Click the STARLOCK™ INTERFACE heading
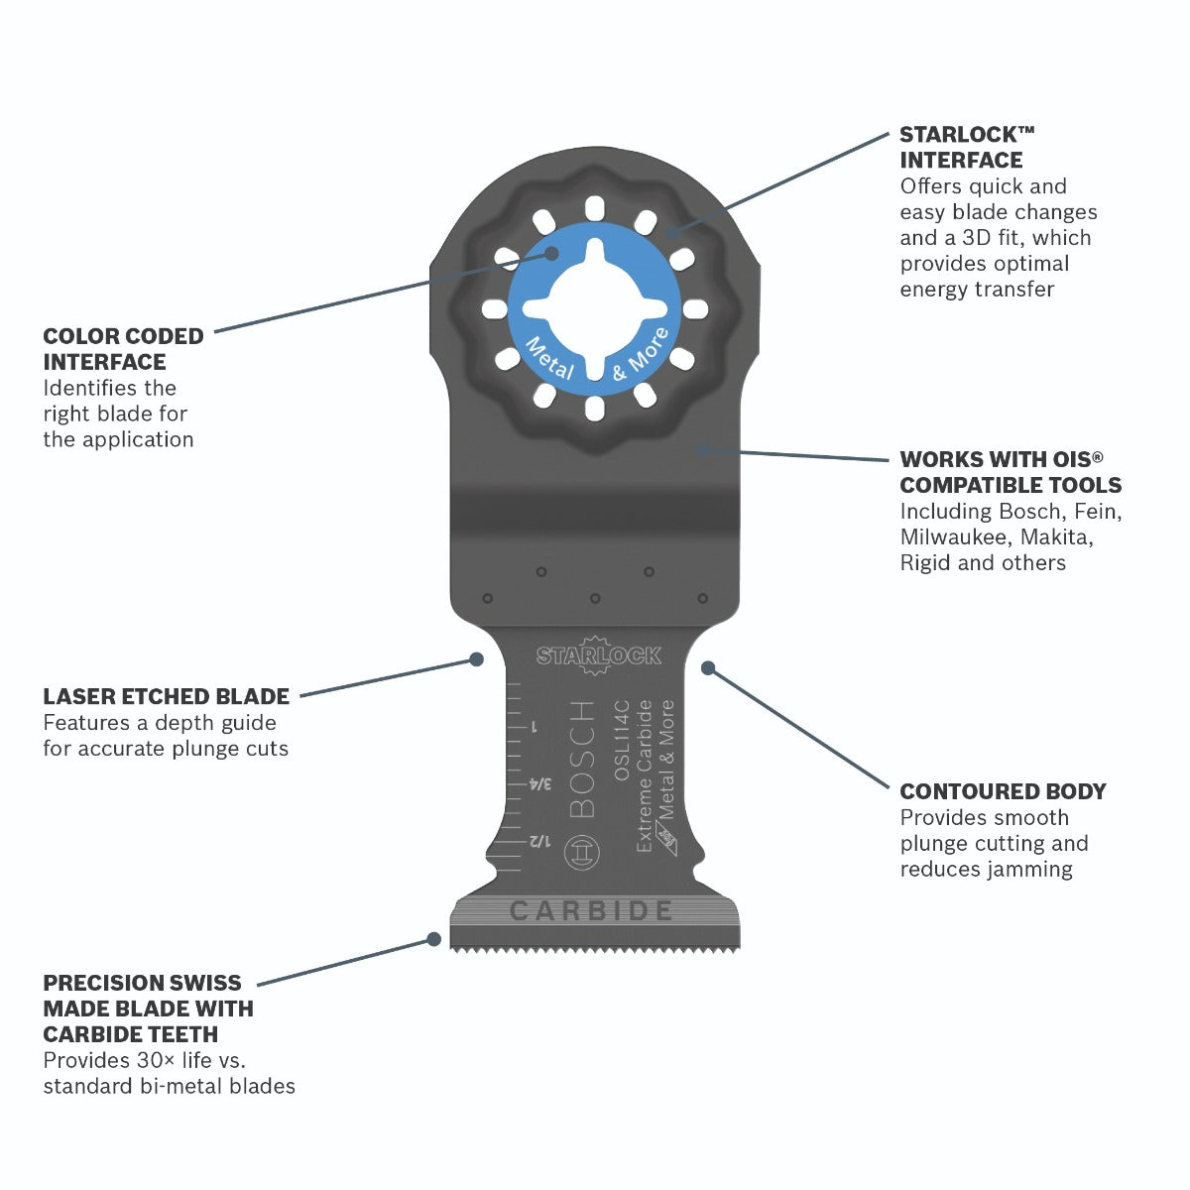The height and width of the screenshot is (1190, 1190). [x=967, y=147]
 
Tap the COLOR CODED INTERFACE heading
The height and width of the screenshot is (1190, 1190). [x=123, y=349]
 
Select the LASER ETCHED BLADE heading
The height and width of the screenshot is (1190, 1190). [x=166, y=696]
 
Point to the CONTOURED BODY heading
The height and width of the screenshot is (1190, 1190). [x=1003, y=791]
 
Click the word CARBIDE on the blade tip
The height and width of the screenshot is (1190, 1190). [x=591, y=910]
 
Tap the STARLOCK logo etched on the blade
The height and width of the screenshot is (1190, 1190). [x=598, y=654]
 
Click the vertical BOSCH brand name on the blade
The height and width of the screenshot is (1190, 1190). [x=582, y=759]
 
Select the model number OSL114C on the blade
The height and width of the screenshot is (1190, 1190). [x=621, y=740]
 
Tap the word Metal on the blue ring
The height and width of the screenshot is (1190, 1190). [x=549, y=359]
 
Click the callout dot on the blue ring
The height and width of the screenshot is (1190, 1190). [x=551, y=253]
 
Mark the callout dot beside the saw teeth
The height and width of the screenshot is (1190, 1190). [x=434, y=939]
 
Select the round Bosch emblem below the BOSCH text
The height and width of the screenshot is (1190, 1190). [x=582, y=853]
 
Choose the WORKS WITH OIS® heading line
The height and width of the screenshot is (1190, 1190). [x=1001, y=459]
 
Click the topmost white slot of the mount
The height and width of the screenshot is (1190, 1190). [x=594, y=208]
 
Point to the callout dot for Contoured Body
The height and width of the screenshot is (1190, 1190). [x=708, y=667]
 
